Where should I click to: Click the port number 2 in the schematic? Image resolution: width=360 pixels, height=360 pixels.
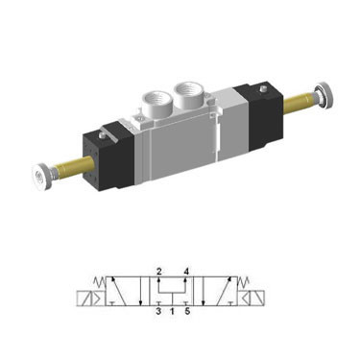[158, 273]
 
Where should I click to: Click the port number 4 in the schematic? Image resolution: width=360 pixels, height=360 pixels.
[188, 273]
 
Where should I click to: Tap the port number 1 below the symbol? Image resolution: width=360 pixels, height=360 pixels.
[173, 311]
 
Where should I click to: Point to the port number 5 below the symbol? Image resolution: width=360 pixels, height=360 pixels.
[188, 311]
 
